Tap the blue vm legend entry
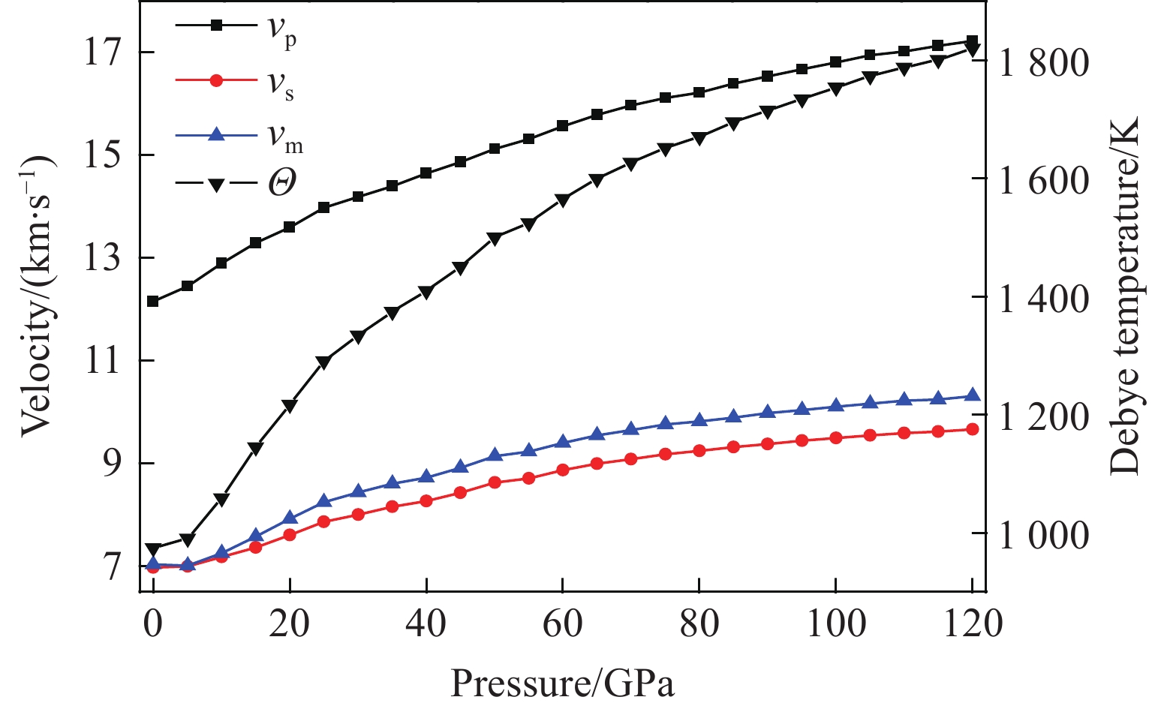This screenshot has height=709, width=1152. point(237,134)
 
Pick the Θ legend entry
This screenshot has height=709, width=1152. point(237,184)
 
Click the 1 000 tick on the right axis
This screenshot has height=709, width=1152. point(1043,533)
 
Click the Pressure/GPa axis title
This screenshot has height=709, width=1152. point(562,683)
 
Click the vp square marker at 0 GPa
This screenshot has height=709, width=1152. point(153,302)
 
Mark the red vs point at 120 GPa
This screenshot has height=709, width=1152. point(972,429)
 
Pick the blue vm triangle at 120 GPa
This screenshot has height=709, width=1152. point(972,395)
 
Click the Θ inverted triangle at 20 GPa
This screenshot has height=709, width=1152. point(290,406)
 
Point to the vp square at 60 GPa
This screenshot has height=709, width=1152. point(563,126)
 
